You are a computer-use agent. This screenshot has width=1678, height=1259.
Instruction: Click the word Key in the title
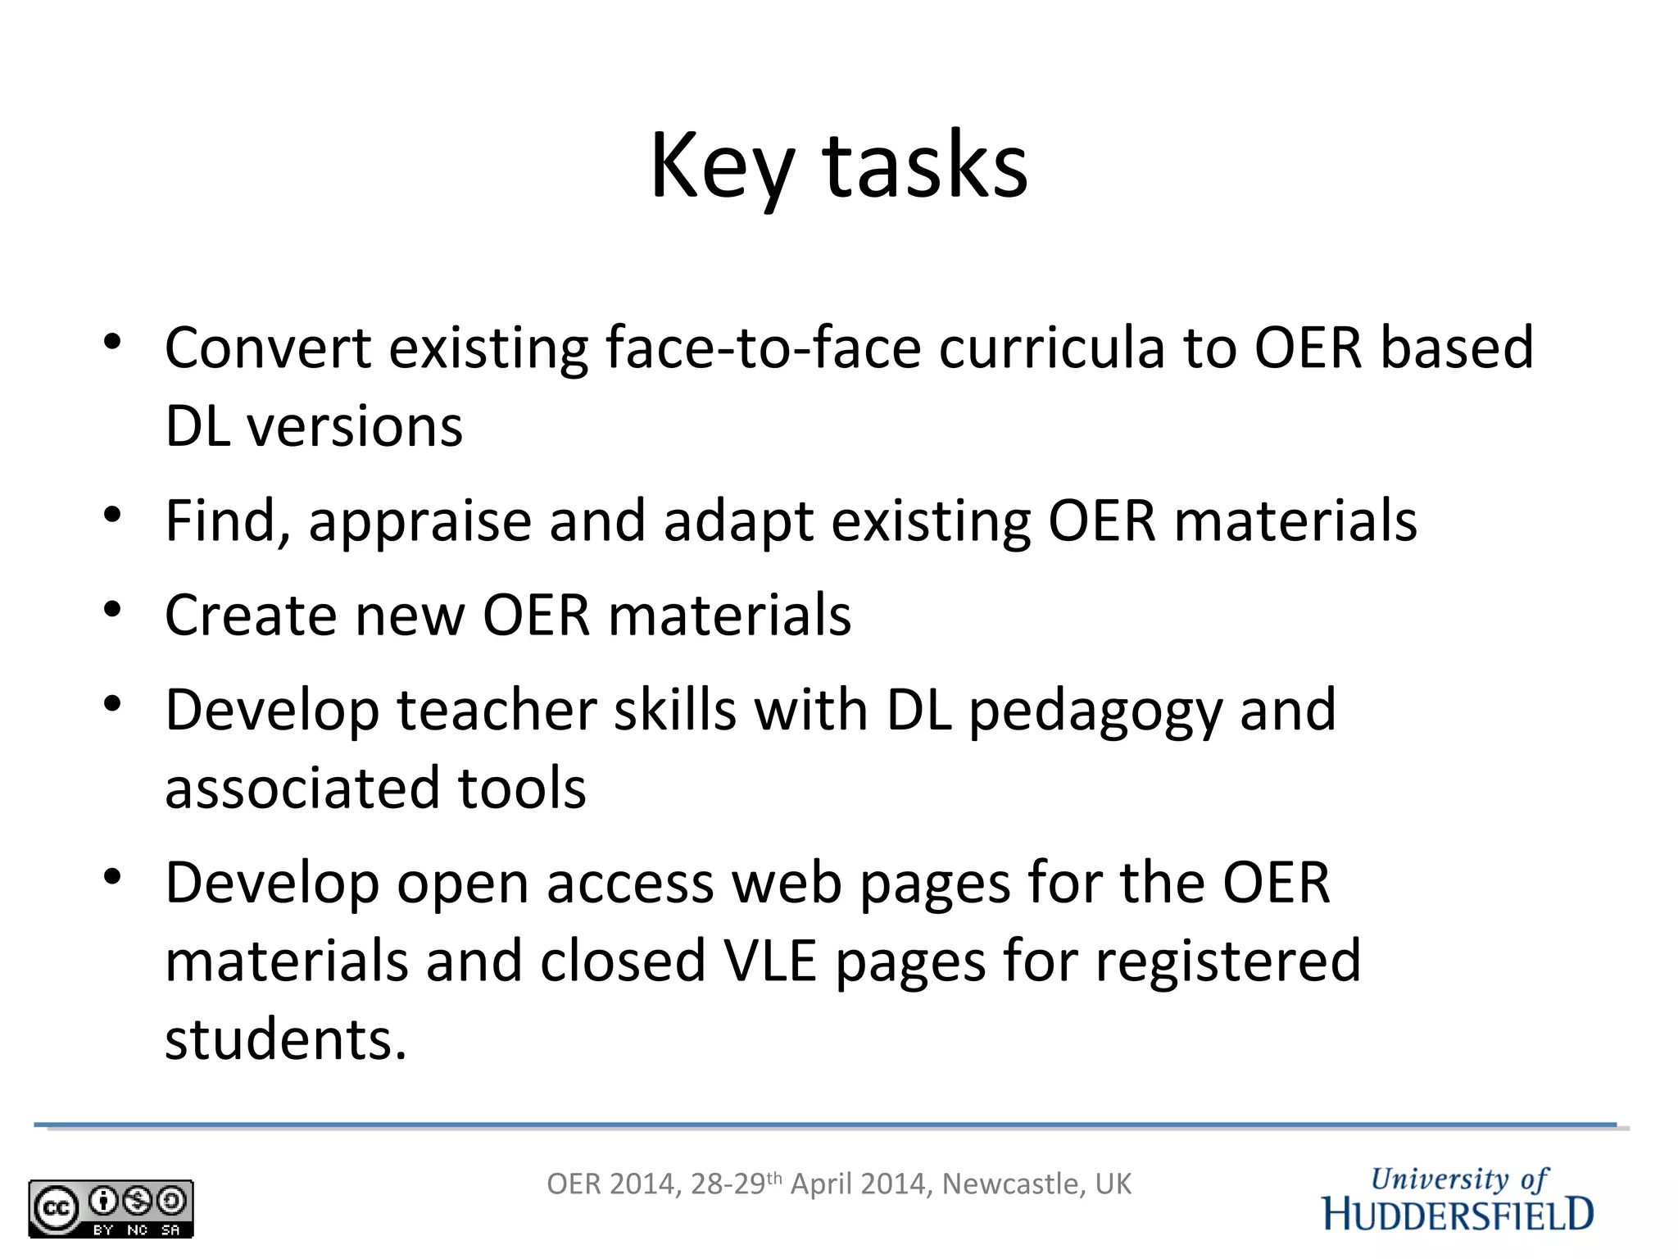point(721,168)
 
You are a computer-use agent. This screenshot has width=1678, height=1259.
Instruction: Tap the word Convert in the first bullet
point(268,348)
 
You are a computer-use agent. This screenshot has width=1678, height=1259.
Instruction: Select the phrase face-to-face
point(762,348)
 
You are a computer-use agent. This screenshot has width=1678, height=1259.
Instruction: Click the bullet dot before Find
point(113,515)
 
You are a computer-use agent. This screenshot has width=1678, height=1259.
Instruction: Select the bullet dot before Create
point(113,609)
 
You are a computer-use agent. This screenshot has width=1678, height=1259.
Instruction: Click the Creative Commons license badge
point(111,1208)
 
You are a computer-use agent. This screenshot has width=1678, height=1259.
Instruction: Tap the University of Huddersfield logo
point(1458,1199)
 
